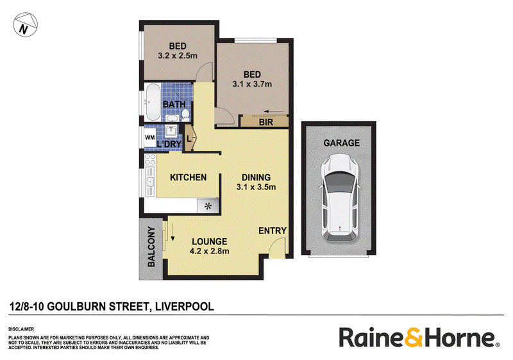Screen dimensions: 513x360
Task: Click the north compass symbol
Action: coord(25,24)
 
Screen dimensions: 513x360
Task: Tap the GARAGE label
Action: coord(342,143)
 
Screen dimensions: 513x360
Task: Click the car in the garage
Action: coord(340,199)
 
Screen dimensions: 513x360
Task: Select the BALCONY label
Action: coord(151,246)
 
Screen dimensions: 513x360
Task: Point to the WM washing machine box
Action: coord(150,137)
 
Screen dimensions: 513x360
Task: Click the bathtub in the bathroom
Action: coord(153,102)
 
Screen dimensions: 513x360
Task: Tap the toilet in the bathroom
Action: coord(185,115)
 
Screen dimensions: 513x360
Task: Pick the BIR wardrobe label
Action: coord(265,123)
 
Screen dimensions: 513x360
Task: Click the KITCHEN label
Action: coord(188,177)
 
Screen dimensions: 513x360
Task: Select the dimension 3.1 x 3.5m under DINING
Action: coord(256,187)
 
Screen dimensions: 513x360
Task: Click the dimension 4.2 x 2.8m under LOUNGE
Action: coord(210,252)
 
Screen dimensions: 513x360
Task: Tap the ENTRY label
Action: coord(272,231)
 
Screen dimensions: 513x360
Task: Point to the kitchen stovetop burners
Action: coord(150,160)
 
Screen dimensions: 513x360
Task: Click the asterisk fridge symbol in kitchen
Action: coord(208,206)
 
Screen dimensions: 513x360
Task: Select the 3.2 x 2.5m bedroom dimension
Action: coord(178,56)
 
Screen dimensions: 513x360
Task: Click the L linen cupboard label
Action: coord(189,139)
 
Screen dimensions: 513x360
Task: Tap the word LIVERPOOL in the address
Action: coord(185,307)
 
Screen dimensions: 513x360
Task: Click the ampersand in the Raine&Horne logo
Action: coord(414,337)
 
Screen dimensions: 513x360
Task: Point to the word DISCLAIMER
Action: coord(21,329)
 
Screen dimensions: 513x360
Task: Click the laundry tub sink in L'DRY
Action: coord(171,131)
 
